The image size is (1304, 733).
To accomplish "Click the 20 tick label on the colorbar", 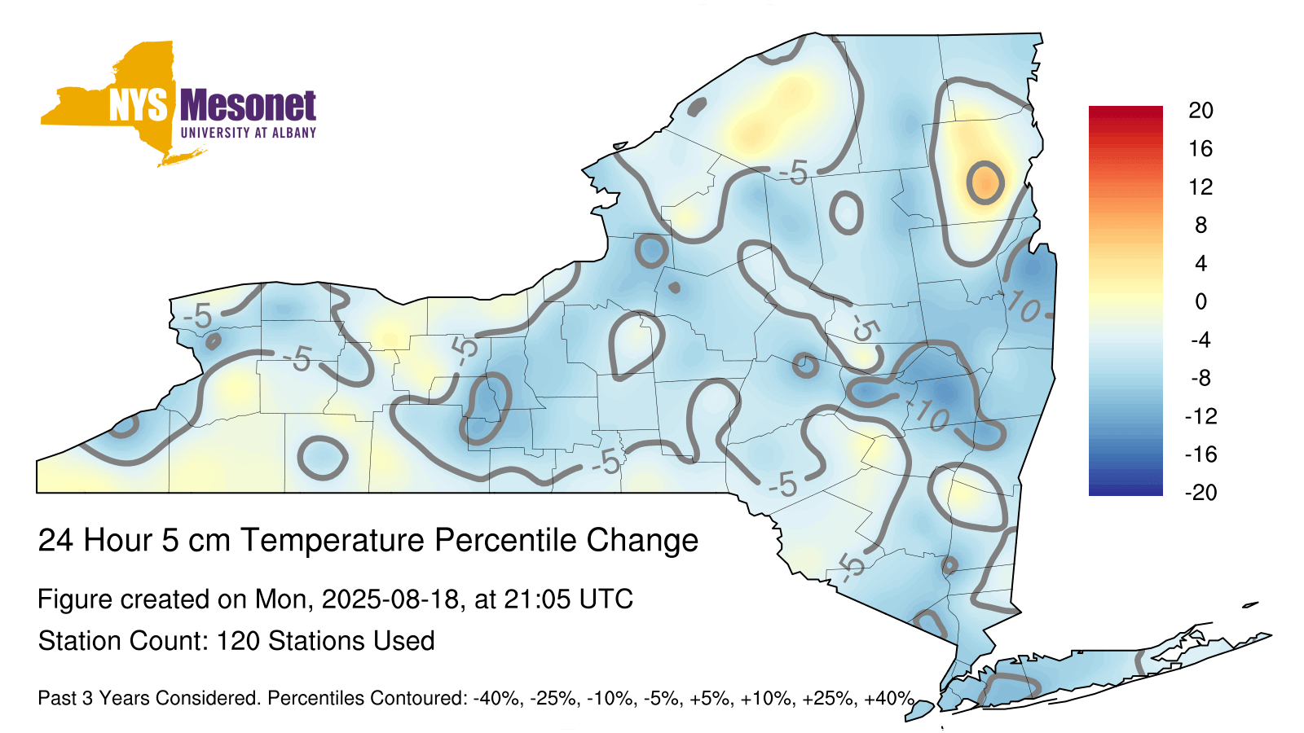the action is (x=1200, y=111).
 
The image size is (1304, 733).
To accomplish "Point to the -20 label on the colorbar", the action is (x=1200, y=493).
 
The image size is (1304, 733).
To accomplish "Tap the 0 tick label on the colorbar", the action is (x=1200, y=301).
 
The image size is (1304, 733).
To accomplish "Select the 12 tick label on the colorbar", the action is (x=1200, y=187).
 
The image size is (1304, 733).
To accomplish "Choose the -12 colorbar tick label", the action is (x=1200, y=416).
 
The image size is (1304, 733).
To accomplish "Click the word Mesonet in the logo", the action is (x=248, y=106).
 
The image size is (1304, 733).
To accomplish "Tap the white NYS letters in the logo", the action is (x=139, y=106).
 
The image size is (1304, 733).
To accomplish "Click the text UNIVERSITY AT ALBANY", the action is (x=248, y=133).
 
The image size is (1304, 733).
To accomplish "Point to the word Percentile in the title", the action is (x=506, y=540).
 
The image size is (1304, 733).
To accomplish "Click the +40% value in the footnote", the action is (x=888, y=698).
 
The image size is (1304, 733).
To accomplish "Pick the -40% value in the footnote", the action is (x=496, y=698).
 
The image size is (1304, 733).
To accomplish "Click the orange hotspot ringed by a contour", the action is (x=985, y=182).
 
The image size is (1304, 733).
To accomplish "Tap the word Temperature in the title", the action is (x=332, y=540).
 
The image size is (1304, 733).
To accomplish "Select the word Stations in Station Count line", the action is (x=311, y=641).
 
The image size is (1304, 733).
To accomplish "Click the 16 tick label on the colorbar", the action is (x=1200, y=149).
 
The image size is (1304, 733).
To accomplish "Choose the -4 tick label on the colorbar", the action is (x=1200, y=340).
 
